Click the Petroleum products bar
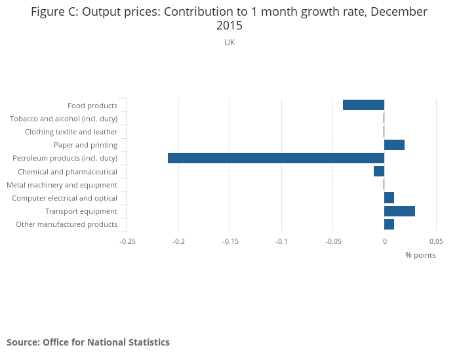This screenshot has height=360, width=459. (x=275, y=158)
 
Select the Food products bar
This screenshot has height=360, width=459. (x=363, y=105)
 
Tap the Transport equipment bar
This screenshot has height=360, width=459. (x=399, y=211)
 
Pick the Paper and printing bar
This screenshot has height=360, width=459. (x=394, y=145)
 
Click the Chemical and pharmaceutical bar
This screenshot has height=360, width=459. (x=379, y=171)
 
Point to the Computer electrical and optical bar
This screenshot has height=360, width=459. (x=389, y=198)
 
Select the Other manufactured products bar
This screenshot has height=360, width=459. (x=389, y=224)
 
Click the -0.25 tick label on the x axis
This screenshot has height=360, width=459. (x=127, y=241)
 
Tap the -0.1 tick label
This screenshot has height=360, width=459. (x=281, y=241)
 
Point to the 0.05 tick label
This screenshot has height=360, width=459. (x=436, y=241)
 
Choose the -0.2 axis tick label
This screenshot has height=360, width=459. (x=178, y=241)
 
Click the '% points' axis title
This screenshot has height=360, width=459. (x=420, y=255)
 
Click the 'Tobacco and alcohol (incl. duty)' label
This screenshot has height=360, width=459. (x=64, y=119)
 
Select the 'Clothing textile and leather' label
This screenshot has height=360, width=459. (x=71, y=132)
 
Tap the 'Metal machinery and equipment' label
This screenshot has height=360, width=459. (x=62, y=185)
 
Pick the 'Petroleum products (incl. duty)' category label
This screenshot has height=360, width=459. (x=65, y=158)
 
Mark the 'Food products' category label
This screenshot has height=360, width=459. (x=92, y=106)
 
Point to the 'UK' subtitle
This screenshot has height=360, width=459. (x=229, y=43)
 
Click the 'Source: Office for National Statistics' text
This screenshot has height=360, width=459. (x=88, y=342)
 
